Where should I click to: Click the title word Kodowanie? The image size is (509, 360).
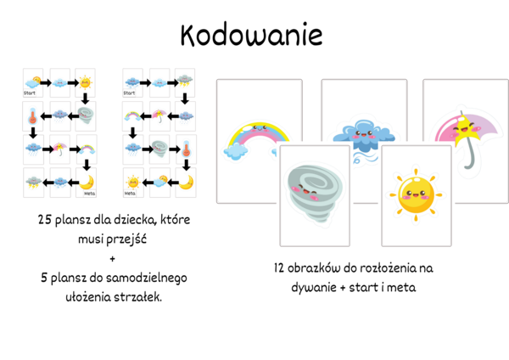tap(252, 37)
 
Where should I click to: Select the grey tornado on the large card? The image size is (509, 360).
tap(314, 189)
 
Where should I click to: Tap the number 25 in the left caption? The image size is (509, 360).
tap(46, 220)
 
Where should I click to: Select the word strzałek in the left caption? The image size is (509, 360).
tap(140, 297)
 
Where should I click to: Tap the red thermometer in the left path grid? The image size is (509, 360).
tap(33, 115)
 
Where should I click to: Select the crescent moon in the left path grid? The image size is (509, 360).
tap(86, 180)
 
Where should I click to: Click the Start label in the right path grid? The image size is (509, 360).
tap(129, 93)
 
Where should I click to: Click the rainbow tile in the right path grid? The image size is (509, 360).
tap(132, 115)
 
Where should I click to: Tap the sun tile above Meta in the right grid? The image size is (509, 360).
tap(132, 180)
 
